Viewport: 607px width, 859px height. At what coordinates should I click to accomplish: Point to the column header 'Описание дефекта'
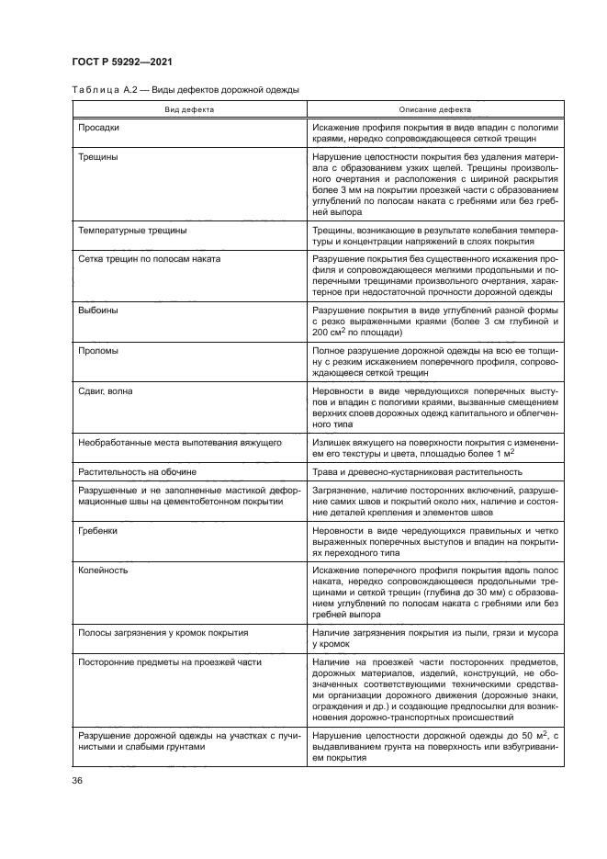(435, 108)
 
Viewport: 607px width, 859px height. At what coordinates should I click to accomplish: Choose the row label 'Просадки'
(100, 127)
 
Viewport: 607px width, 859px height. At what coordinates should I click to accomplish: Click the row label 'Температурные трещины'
(133, 231)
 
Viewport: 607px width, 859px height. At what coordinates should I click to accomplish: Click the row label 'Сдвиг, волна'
(107, 391)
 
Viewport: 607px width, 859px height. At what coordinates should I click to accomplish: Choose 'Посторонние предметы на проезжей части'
(171, 661)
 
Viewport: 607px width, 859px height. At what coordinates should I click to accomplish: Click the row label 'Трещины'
(99, 156)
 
